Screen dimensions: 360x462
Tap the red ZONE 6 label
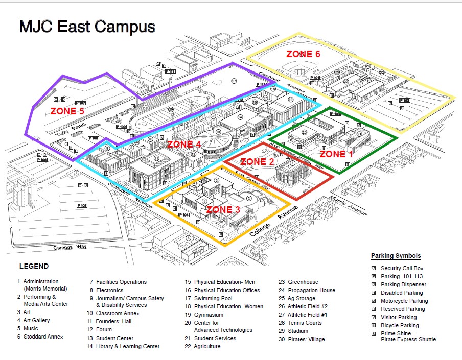303,54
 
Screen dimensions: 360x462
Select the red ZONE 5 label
68,110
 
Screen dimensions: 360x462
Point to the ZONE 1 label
336,153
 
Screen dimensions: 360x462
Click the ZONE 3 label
223,209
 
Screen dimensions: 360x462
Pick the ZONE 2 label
257,161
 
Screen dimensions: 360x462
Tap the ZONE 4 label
184,145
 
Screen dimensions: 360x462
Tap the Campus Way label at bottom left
70,247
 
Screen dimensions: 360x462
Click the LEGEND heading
34,266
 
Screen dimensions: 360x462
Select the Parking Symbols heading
396,256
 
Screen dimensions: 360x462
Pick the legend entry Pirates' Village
302,339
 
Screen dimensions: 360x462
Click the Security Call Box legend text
402,268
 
